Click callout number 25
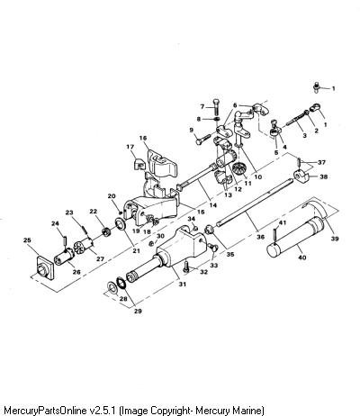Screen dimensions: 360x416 (x=27, y=240)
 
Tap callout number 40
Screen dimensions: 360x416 (x=301, y=258)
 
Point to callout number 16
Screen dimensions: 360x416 (x=143, y=138)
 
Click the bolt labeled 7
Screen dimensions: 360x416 (x=217, y=106)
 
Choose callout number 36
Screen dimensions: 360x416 (x=261, y=237)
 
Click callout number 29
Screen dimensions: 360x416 (x=138, y=311)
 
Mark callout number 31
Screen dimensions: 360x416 (x=183, y=284)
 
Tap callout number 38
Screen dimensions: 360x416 (x=323, y=176)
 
